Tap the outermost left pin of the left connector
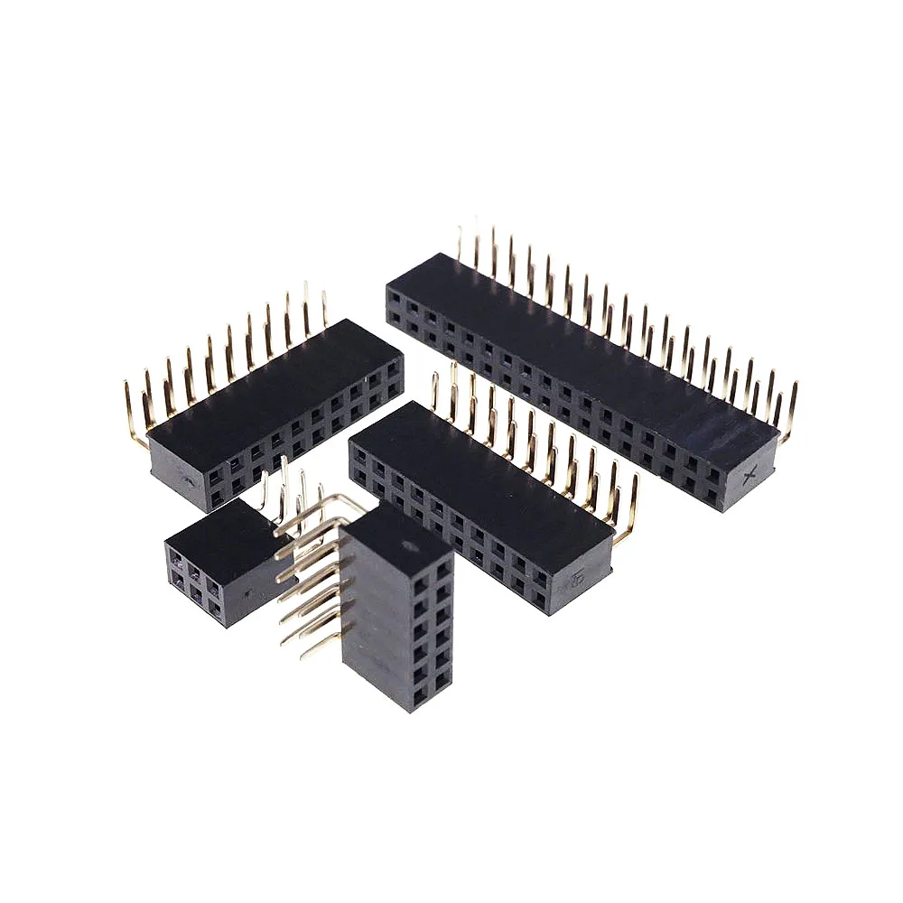(133, 415)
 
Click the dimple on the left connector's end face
(190, 481)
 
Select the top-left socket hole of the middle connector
(359, 451)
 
